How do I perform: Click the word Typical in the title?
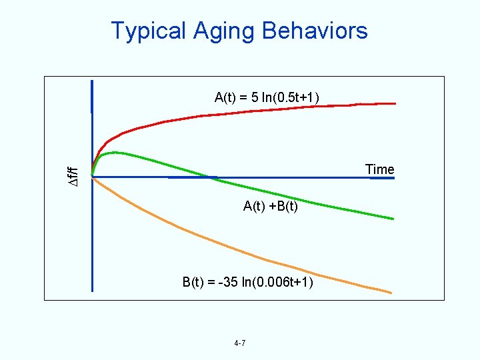[149, 31]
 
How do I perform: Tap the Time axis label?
[379, 169]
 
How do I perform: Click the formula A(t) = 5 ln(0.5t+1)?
[267, 97]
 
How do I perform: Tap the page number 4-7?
[240, 343]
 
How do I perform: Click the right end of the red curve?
[395, 103]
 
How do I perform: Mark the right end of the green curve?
[393, 219]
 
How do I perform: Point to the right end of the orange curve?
[391, 292]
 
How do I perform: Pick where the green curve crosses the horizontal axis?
[210, 177]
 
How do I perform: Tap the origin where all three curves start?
[92, 177]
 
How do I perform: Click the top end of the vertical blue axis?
[92, 81]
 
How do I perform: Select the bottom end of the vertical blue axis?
[92, 291]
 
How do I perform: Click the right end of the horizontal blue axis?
[395, 177]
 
